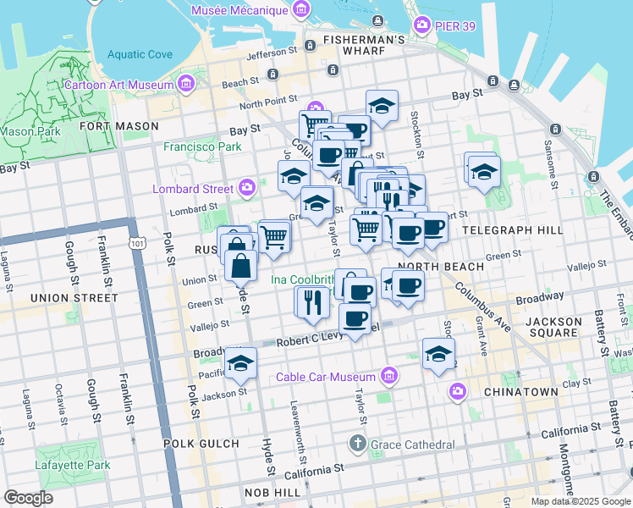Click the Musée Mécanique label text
pos(239,9)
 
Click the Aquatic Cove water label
pos(140,55)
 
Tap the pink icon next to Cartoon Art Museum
pos(184,84)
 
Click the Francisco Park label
pos(202,146)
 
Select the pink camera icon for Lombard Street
pos(247,187)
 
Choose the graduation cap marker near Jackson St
pos(241,362)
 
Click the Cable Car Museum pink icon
pos(388,374)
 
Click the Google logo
pos(29,497)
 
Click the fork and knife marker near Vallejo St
pos(311,302)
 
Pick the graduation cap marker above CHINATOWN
pos(438,354)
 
